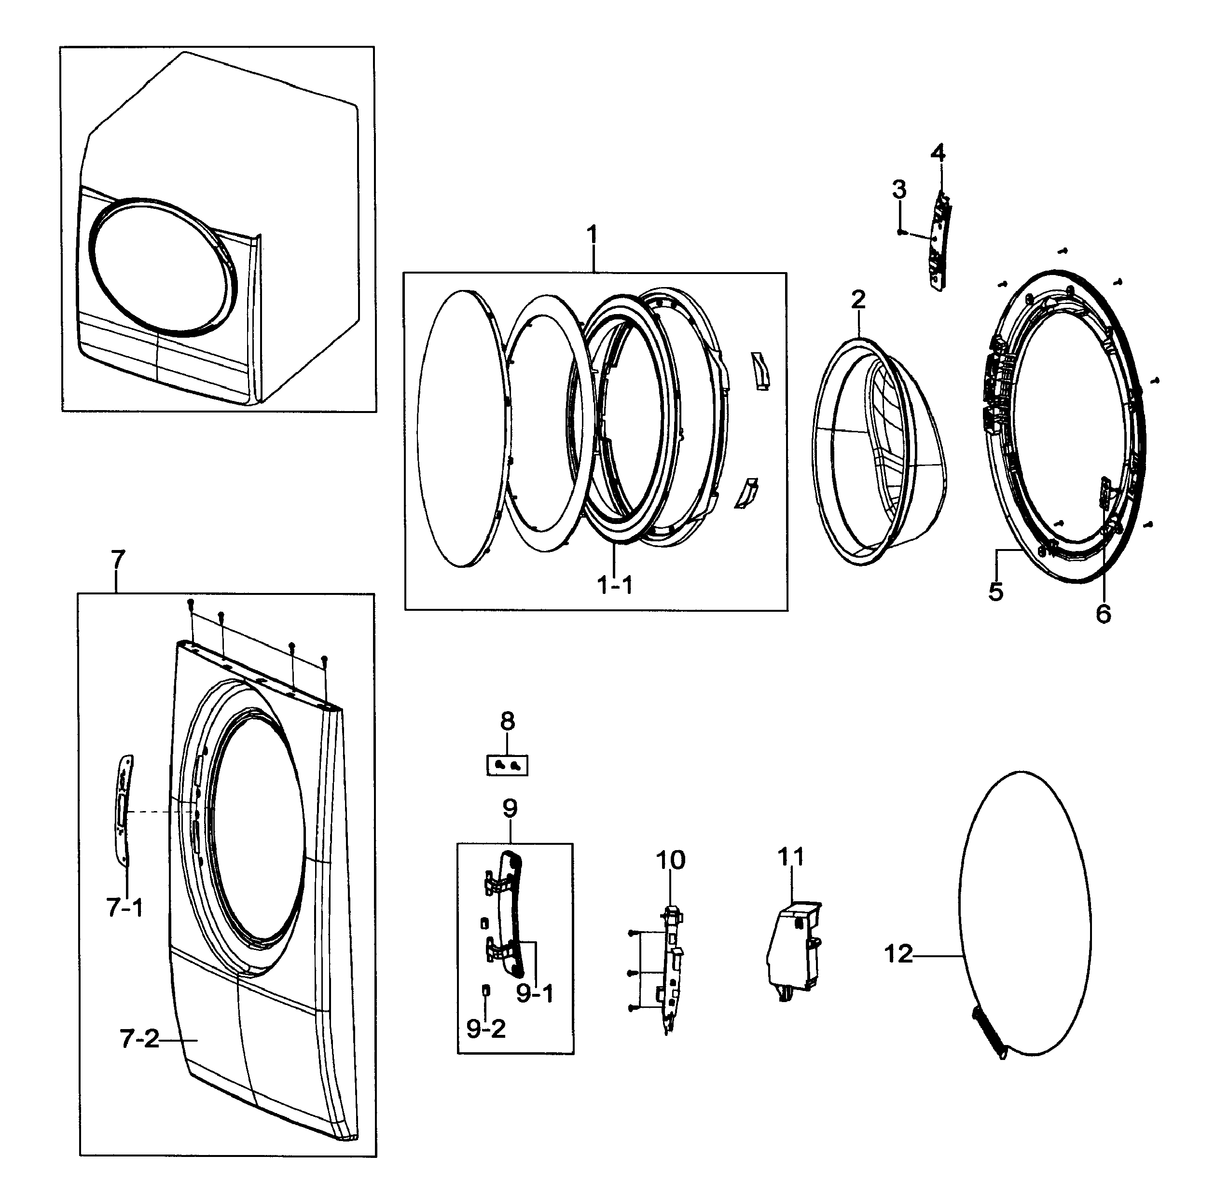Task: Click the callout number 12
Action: coord(898,954)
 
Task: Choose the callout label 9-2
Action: coord(485,1028)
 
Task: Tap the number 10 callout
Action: coord(670,860)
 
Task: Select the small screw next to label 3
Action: coord(901,232)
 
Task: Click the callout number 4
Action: coord(938,152)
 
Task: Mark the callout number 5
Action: coord(996,591)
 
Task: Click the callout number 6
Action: coord(1104,614)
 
